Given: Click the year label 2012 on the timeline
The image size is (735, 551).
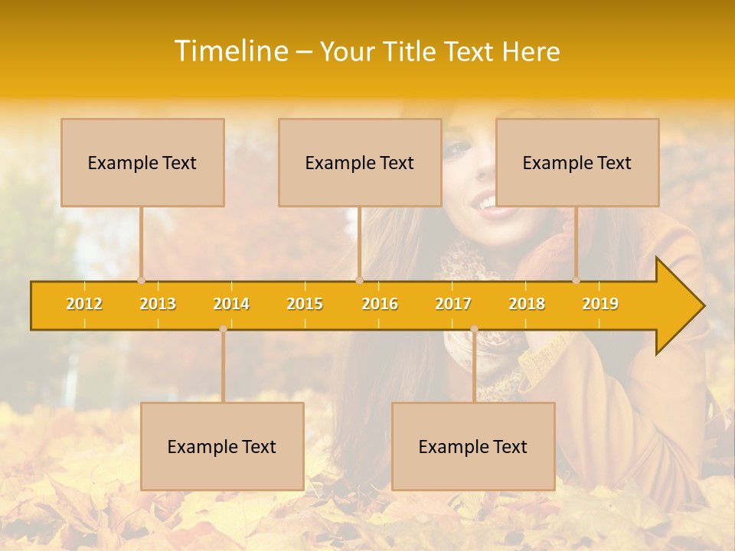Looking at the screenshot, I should (x=84, y=304).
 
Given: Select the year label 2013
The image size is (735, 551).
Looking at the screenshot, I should (x=158, y=304).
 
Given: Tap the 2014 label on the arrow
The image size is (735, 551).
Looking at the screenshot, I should (x=231, y=304).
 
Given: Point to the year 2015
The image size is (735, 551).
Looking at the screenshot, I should (x=305, y=304).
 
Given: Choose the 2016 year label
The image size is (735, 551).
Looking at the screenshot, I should (x=380, y=304).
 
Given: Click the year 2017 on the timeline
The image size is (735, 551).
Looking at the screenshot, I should (x=453, y=304).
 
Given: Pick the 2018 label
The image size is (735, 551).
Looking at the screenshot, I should (x=527, y=304).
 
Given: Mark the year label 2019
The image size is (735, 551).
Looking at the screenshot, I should (x=600, y=304).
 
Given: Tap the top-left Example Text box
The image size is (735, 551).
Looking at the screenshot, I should (x=142, y=162).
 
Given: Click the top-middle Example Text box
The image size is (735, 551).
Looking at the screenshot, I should (x=360, y=162).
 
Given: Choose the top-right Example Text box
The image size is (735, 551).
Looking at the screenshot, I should (x=577, y=162).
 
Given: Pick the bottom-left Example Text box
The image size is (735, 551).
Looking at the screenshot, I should (x=222, y=446).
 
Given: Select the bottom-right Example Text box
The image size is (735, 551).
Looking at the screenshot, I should (x=473, y=446).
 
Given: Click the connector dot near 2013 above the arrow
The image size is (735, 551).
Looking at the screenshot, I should (x=141, y=280).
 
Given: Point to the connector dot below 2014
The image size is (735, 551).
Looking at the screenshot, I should (x=223, y=329).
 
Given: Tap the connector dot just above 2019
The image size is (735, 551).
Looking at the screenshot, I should (x=577, y=280).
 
